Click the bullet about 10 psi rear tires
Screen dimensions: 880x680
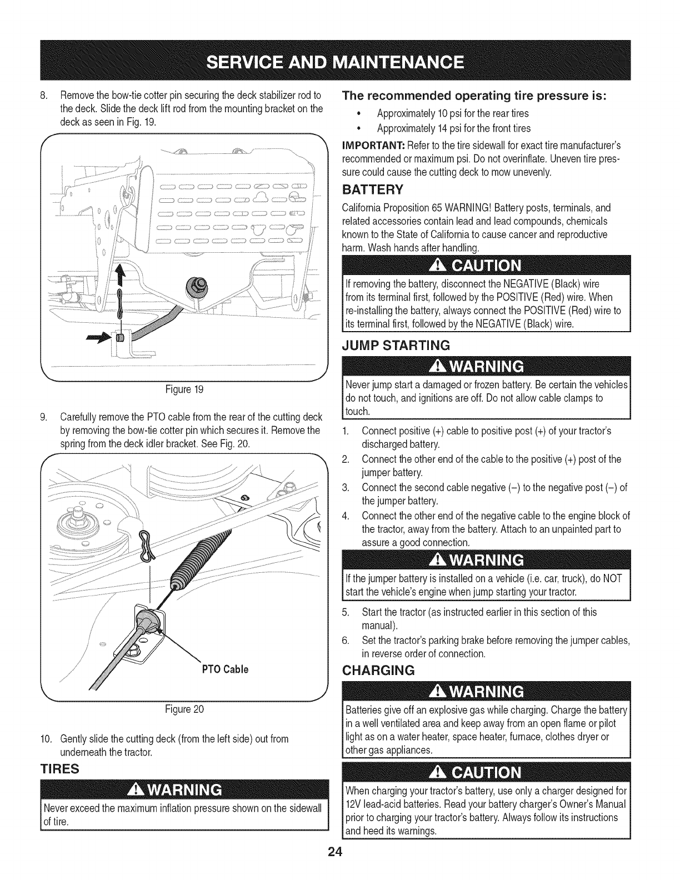tap(452, 113)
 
